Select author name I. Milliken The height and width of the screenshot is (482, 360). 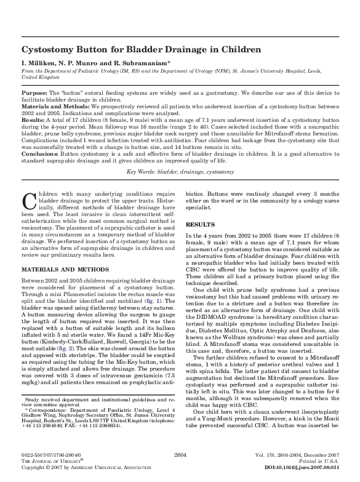click(x=38, y=63)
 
